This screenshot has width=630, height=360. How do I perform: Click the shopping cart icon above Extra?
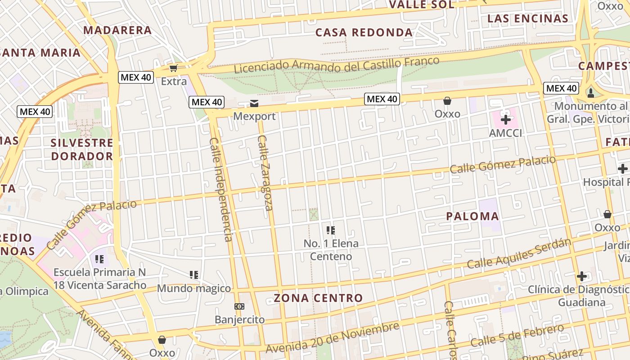(x=173, y=68)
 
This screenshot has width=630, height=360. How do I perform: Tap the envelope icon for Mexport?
(x=254, y=104)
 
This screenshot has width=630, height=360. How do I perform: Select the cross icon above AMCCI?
(x=506, y=120)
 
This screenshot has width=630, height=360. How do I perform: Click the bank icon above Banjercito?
(x=239, y=306)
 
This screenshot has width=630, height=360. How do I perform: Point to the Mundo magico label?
(x=194, y=288)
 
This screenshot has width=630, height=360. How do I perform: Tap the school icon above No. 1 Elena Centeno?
(x=331, y=230)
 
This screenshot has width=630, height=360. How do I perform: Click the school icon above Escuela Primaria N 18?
(x=99, y=259)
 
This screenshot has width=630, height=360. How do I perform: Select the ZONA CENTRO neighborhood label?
(x=318, y=298)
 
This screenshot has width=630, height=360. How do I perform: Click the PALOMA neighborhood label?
(x=472, y=216)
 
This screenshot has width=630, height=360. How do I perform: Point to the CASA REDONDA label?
(x=364, y=32)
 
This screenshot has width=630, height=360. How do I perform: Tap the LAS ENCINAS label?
(x=528, y=18)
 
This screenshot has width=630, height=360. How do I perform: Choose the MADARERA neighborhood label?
(x=117, y=30)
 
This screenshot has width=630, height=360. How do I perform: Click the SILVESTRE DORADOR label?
(x=81, y=149)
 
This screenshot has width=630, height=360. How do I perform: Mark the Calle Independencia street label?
(x=221, y=189)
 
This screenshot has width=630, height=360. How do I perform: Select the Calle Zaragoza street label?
(x=265, y=173)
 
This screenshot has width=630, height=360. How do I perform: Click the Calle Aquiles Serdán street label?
(x=518, y=254)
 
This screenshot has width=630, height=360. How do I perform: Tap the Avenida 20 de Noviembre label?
(x=332, y=337)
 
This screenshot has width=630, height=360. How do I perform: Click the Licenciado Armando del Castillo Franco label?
(x=337, y=65)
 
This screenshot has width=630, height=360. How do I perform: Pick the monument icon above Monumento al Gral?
(x=590, y=93)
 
